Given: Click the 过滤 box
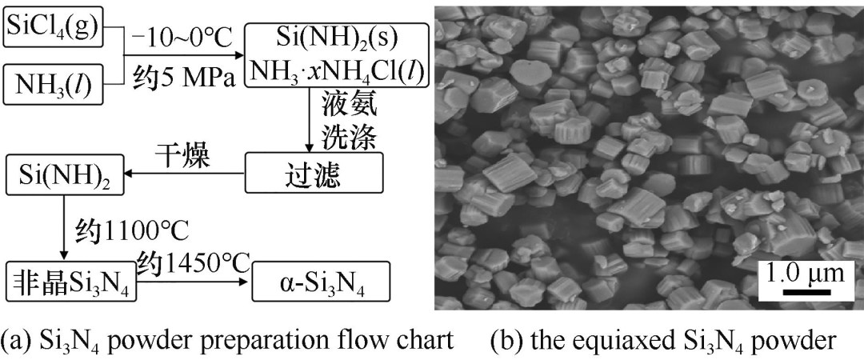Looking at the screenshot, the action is (314, 173).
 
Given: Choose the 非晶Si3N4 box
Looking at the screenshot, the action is (70, 281).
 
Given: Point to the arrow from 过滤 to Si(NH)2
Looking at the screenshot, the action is (185, 173).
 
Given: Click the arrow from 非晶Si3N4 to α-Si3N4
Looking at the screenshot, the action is (194, 281).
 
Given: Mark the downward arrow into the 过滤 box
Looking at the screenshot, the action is (310, 121).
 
